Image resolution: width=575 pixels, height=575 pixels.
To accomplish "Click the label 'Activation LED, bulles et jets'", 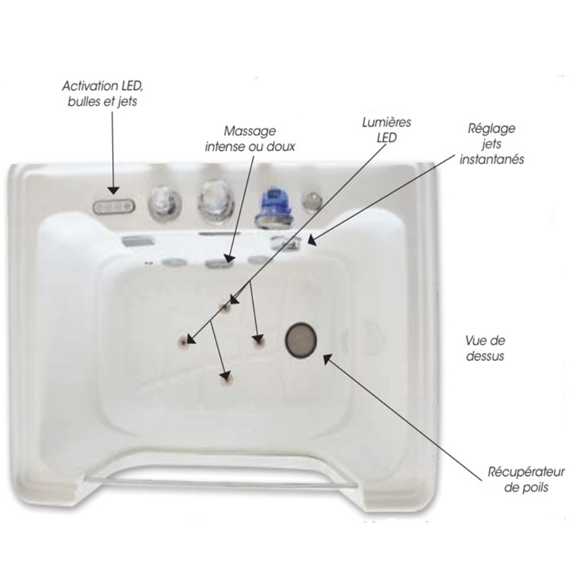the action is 102,93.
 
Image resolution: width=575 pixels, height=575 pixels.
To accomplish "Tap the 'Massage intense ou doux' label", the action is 249,139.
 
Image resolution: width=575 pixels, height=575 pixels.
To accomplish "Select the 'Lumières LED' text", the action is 387,130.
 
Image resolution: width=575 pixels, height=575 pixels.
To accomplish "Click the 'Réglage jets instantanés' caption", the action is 492,144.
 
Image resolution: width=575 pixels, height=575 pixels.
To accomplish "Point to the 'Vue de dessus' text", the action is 485,348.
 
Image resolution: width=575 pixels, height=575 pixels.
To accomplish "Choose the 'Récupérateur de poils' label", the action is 526,479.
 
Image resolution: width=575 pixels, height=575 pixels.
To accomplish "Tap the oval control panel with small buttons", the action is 114,207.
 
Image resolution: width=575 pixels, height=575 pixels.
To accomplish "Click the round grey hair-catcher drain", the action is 301,340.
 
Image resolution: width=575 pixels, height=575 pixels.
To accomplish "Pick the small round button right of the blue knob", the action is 312,201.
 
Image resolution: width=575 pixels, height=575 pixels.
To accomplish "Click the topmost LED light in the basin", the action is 225,307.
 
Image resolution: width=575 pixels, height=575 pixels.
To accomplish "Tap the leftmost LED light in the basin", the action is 183,342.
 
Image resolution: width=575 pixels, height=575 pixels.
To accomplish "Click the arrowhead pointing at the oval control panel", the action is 114,190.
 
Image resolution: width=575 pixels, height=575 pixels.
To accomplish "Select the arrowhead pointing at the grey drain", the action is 327,358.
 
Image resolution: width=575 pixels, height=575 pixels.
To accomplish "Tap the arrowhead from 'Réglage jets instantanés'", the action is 311,241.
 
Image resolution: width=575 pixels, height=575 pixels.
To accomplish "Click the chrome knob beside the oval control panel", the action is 165,204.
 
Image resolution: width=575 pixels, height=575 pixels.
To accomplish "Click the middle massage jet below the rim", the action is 216,263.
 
